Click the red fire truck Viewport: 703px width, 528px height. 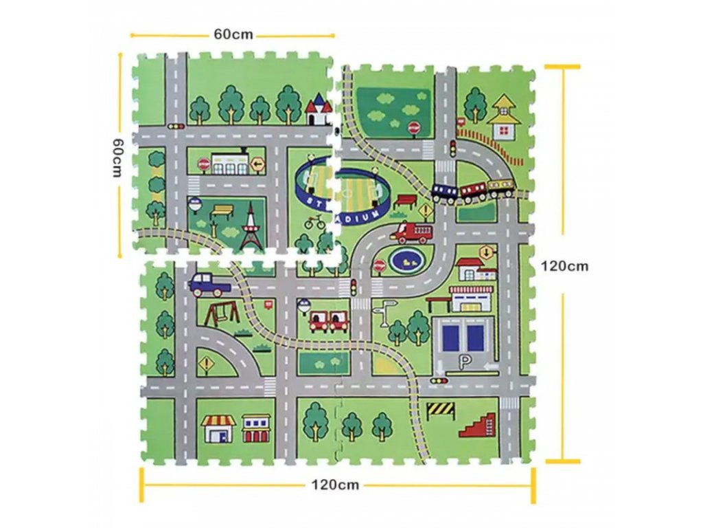412,232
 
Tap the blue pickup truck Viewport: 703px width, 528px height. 209,285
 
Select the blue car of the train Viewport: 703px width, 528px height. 445,192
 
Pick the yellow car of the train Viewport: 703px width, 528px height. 500,188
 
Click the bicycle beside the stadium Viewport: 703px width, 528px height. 314,222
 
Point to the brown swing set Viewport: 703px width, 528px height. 222,313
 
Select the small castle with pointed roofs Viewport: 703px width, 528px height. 319,109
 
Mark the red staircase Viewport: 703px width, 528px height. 478,425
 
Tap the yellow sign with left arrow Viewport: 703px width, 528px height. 257,165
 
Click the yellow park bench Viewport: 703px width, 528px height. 222,212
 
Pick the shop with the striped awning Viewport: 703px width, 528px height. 218,428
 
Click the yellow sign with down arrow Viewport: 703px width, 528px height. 487,253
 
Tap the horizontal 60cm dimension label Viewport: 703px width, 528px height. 233,34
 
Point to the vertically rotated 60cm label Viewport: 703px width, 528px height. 117,157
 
